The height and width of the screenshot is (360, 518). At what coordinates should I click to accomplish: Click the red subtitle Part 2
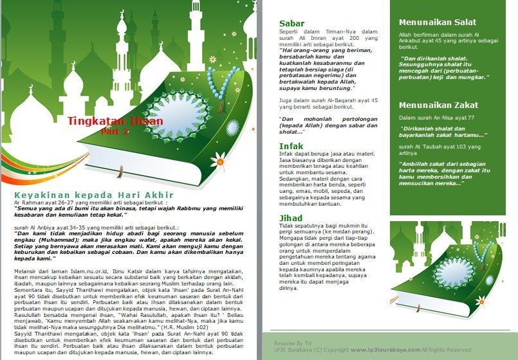pyautogui.click(x=115, y=132)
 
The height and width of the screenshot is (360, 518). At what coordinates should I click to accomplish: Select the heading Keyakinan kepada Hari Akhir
pyautogui.click(x=94, y=195)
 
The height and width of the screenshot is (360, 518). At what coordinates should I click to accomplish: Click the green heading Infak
pyautogui.click(x=291, y=147)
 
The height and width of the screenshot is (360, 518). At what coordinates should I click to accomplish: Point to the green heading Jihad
pyautogui.click(x=291, y=218)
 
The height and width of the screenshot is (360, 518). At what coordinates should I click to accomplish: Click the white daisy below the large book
pyautogui.click(x=219, y=160)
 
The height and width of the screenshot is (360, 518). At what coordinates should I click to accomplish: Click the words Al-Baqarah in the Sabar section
pyautogui.click(x=332, y=100)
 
